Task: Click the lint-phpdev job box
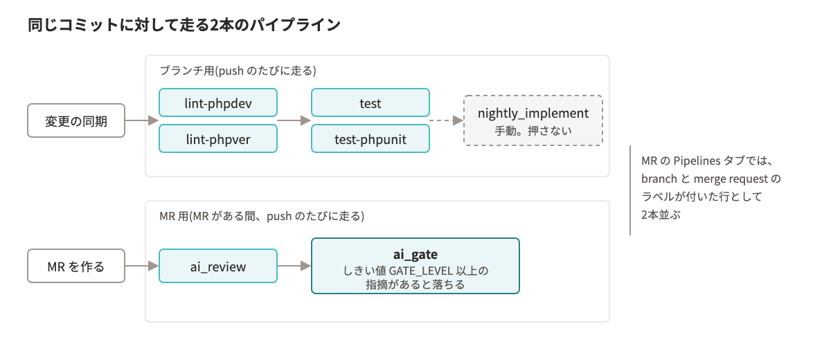point(218,102)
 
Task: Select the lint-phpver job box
point(218,138)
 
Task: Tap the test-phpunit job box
point(370,138)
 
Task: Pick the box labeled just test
point(370,102)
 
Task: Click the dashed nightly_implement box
point(533,120)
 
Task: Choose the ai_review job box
point(218,266)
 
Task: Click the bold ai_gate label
point(415,254)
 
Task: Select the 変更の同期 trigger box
point(76,120)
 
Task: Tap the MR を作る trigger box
point(76,266)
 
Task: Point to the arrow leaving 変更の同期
point(142,120)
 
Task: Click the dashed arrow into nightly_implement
point(447,120)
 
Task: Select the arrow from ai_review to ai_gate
point(294,266)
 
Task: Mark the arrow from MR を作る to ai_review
point(142,266)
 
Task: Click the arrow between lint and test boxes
point(294,120)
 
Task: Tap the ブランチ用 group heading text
point(238,71)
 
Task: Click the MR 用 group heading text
point(262,216)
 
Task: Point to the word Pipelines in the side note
point(697,161)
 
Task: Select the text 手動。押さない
point(533,131)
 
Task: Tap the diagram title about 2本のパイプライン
point(184,25)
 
